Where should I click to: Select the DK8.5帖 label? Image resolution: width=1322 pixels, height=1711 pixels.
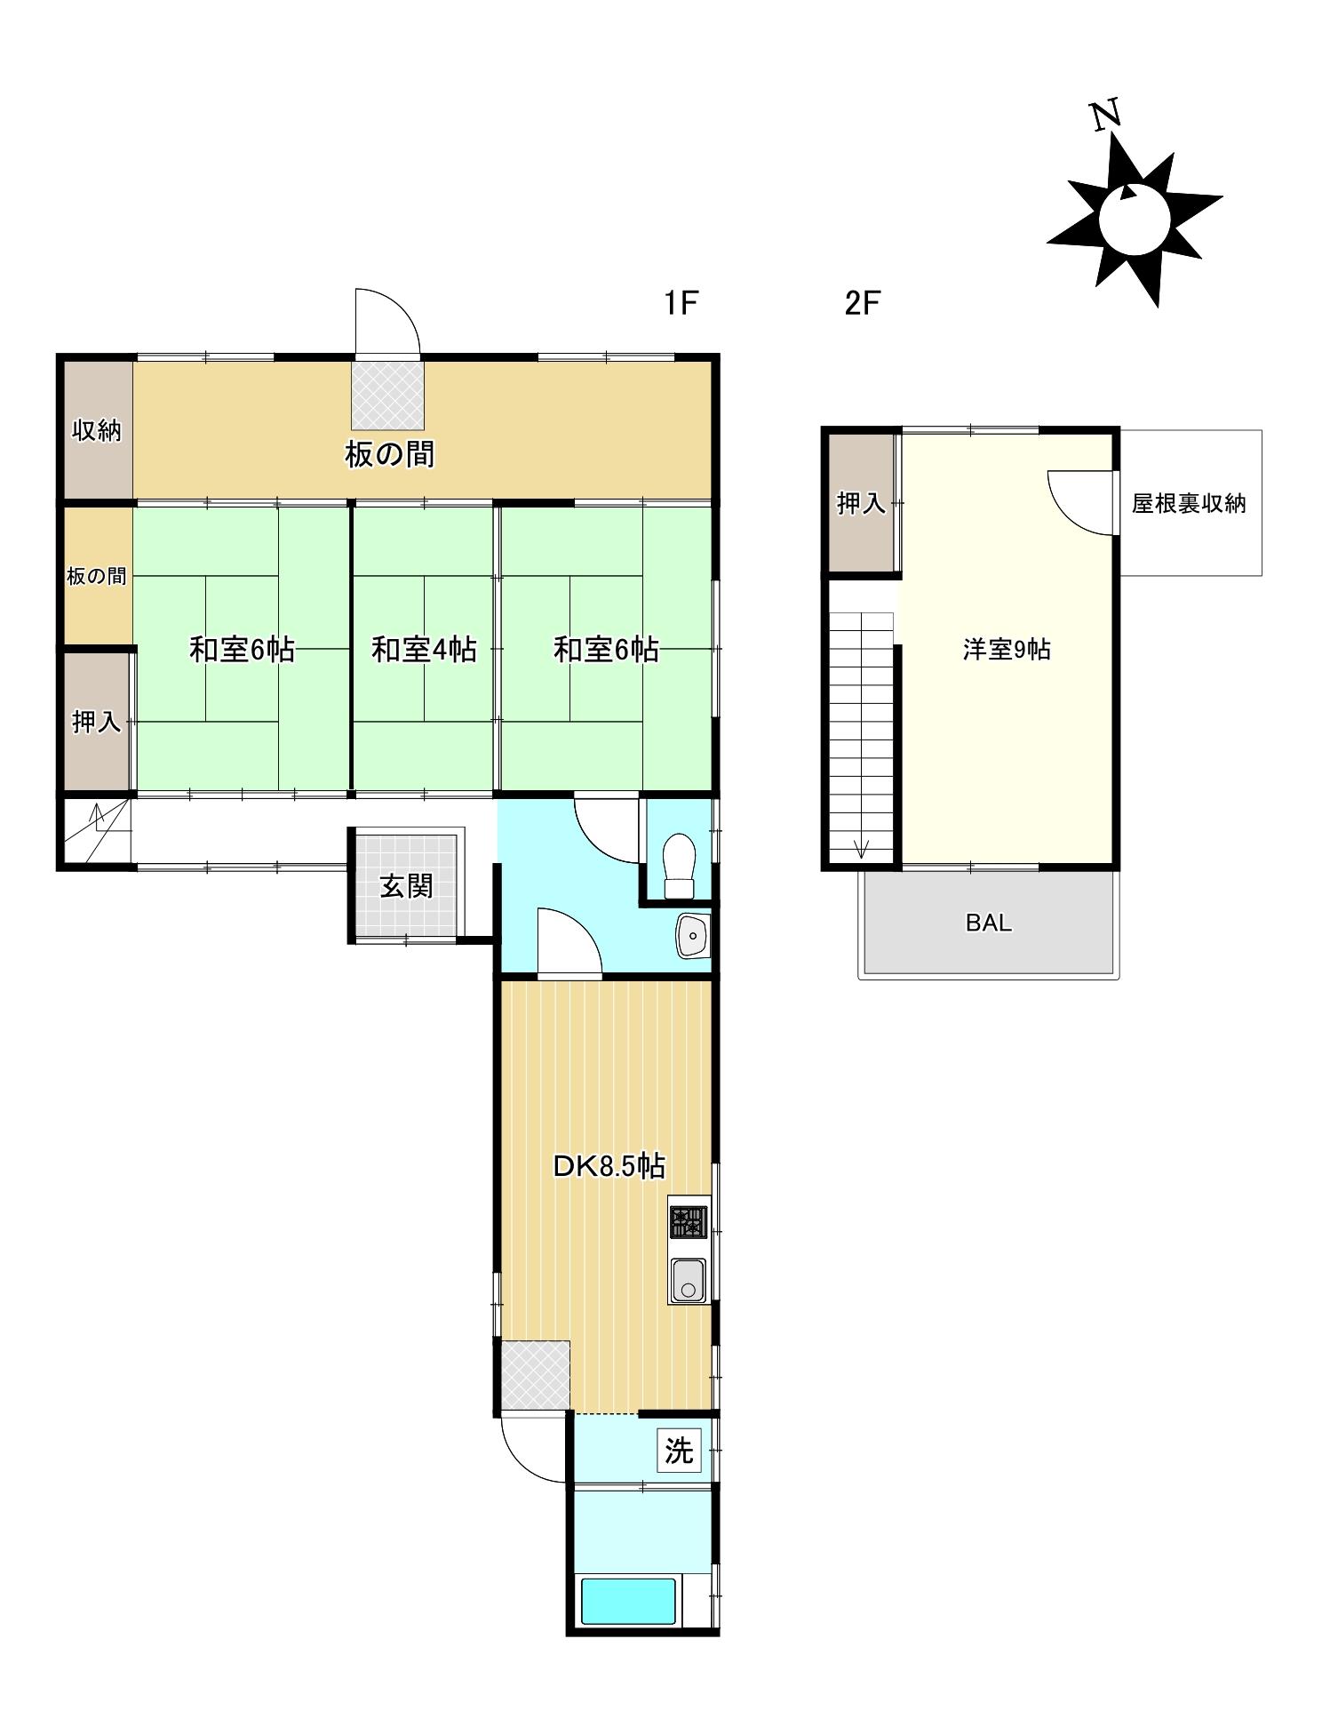coord(609,1165)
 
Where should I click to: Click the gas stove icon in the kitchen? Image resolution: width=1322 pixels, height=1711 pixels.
coord(689,1221)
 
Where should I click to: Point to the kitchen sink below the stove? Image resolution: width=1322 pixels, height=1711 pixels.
coord(688,1280)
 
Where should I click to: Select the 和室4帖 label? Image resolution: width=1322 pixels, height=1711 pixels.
coord(424,650)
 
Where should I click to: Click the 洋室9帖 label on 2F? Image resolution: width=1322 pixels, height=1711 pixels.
coord(1007,650)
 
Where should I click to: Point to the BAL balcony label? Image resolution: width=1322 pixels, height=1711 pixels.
coord(988,923)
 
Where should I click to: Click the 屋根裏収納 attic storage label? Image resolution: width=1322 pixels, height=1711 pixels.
coord(1188,504)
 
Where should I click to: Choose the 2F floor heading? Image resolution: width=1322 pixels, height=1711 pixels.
coord(861,303)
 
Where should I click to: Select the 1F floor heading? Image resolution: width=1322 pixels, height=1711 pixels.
coord(681,303)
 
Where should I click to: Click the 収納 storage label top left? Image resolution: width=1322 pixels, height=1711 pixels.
coord(97,431)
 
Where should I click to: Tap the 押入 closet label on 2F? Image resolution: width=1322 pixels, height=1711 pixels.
coord(861,504)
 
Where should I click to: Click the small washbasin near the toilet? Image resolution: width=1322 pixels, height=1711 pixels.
coord(692,935)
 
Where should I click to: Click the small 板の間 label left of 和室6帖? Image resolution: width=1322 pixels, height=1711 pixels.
coord(97,576)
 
